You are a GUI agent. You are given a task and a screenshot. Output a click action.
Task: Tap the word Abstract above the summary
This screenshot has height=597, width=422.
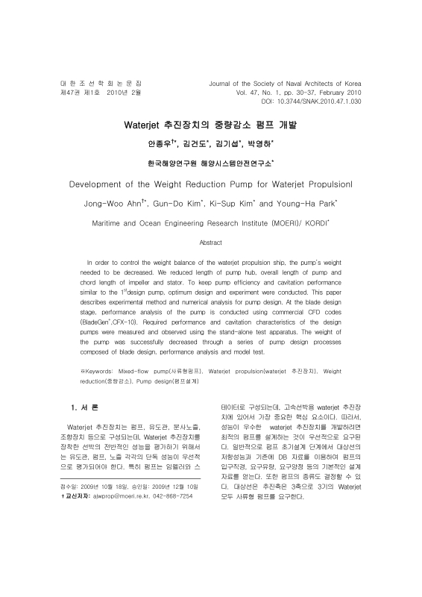[211, 243]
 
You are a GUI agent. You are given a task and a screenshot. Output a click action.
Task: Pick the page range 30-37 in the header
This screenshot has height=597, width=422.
[294, 91]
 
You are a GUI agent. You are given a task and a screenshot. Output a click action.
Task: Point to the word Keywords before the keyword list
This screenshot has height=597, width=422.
[96, 370]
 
